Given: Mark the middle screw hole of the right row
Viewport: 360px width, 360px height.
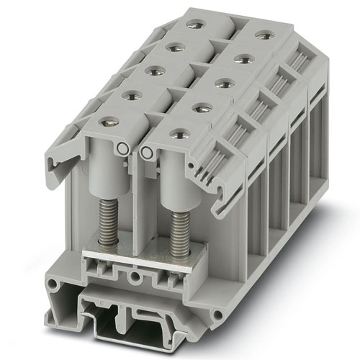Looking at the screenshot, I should coord(224,83).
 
